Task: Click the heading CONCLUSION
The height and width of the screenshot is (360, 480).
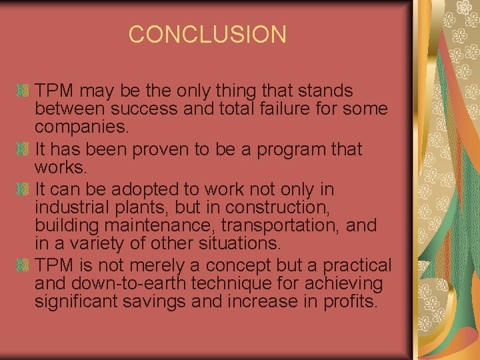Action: click(207, 34)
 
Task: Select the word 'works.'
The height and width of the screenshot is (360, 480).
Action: click(57, 166)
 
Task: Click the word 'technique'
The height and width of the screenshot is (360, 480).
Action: click(229, 284)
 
